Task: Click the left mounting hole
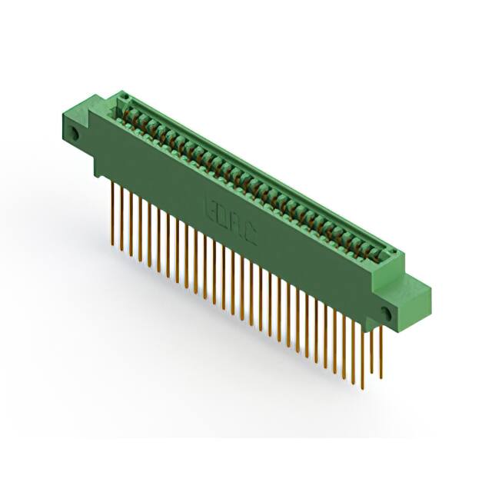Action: [x=75, y=134]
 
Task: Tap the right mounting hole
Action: [x=386, y=313]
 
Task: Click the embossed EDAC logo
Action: [x=230, y=221]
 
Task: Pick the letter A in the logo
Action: [x=236, y=224]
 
